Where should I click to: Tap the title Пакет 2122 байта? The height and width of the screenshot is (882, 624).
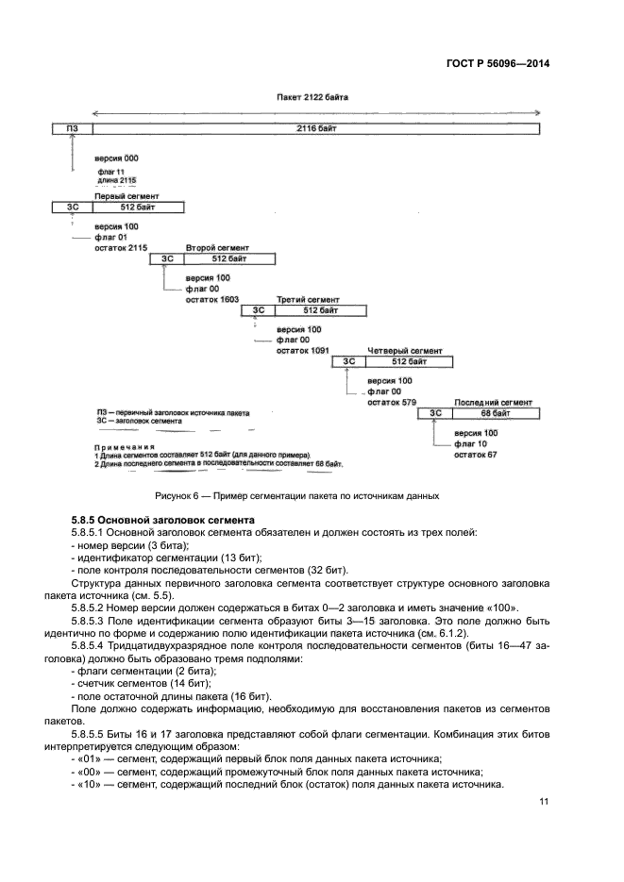tap(312, 97)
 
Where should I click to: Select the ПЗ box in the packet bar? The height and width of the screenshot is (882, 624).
tap(72, 127)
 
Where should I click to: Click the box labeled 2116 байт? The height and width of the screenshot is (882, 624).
tap(315, 127)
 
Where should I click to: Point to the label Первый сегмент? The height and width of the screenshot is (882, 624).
tap(121, 195)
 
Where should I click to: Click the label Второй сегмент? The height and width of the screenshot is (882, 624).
tap(210, 246)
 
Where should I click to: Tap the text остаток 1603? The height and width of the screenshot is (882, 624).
tap(211, 299)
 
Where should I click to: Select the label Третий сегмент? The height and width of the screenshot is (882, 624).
tap(301, 298)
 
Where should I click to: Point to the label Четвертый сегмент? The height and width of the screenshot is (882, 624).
tap(398, 350)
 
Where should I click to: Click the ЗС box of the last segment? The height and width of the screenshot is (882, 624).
tap(435, 412)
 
